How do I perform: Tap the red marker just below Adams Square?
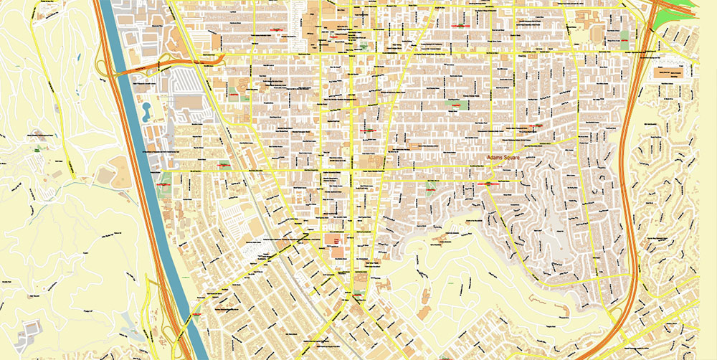488,184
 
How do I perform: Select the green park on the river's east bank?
165,179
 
